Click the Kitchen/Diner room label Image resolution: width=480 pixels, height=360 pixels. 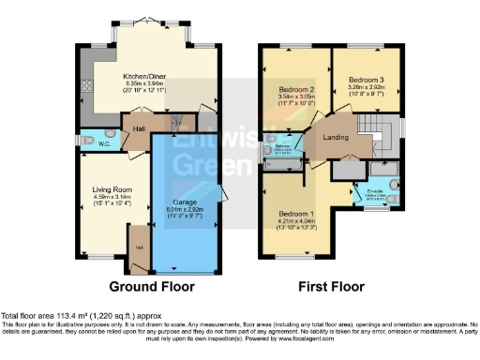coord(144,78)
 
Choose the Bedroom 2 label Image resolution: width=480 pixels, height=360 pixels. coord(297,89)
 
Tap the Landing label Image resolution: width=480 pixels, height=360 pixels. coord(337,140)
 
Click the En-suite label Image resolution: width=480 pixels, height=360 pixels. coord(372,191)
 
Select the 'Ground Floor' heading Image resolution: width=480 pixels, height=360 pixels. coord(145,286)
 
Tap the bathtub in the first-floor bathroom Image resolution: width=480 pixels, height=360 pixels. coord(284,164)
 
